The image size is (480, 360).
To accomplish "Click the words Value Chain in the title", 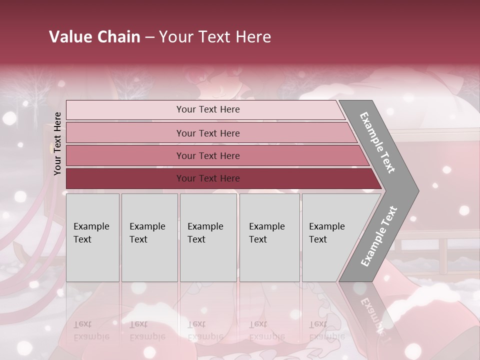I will (x=94, y=36).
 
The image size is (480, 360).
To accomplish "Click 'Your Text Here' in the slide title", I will (x=215, y=36).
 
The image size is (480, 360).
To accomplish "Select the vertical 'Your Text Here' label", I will (x=57, y=143).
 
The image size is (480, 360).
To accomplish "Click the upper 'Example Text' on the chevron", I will (x=377, y=142).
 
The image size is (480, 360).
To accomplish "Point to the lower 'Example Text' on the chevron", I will (x=379, y=236).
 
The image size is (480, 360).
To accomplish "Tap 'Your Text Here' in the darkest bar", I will (x=208, y=178).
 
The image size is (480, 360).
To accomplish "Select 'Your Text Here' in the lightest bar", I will (x=208, y=109).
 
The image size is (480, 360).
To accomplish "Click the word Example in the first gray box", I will (x=91, y=226).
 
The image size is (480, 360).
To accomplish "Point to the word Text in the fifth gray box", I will (x=318, y=239).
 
